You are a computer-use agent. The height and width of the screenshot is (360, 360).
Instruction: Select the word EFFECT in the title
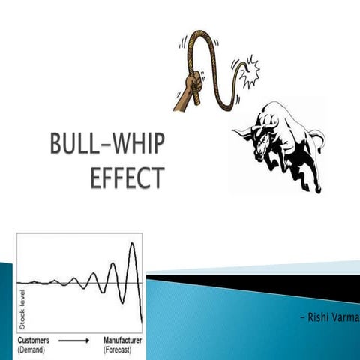[x=126, y=178]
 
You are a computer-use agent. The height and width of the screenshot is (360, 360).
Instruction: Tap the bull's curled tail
[x=319, y=142]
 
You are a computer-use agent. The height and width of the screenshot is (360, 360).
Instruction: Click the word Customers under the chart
[x=35, y=339]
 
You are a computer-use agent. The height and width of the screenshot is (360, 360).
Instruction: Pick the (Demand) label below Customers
[x=32, y=349]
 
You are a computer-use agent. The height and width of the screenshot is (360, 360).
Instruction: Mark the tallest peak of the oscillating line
[x=133, y=244]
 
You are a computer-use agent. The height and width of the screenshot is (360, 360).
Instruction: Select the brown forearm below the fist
[x=182, y=101]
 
